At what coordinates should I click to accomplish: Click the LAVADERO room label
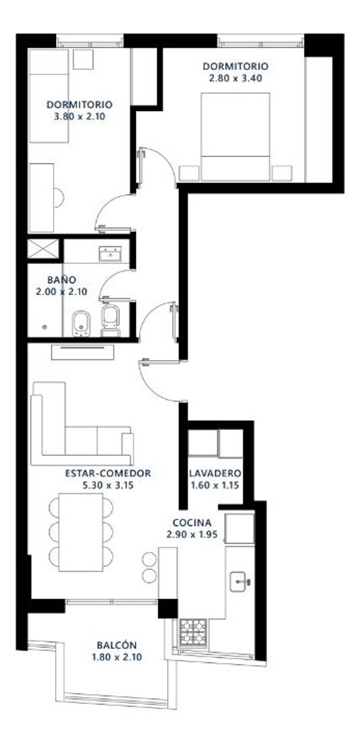click(x=215, y=473)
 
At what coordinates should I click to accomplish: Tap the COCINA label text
click(x=192, y=523)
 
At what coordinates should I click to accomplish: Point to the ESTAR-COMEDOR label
click(x=108, y=473)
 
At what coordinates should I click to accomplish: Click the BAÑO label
click(x=62, y=279)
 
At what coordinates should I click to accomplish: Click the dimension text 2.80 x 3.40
click(x=236, y=78)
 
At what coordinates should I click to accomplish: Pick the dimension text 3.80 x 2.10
click(x=80, y=117)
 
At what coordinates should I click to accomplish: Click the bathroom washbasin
click(x=110, y=254)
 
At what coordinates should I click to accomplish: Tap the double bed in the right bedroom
click(x=235, y=137)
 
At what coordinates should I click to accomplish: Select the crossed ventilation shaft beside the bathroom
click(x=43, y=248)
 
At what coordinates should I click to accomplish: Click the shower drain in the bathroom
click(x=45, y=327)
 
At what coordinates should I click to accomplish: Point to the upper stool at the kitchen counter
click(x=149, y=559)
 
